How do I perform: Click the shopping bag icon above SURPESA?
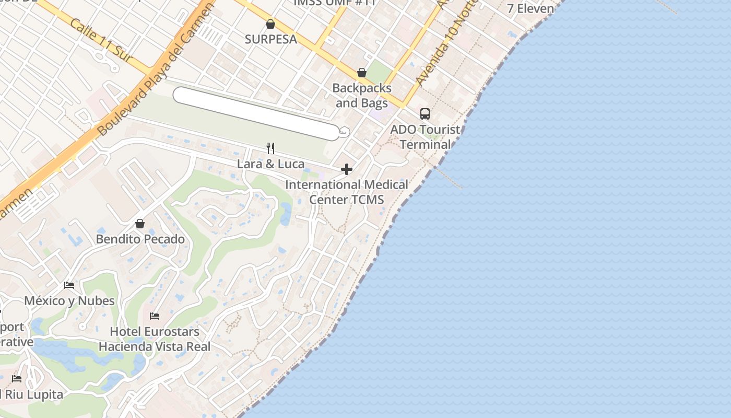(270, 24)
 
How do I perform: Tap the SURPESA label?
(271, 39)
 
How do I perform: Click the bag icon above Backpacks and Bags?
(361, 73)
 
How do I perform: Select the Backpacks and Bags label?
(362, 96)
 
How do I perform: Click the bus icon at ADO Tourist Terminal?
(425, 114)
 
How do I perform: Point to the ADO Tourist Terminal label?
(425, 137)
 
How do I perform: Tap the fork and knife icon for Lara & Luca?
(270, 148)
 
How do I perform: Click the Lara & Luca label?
(270, 164)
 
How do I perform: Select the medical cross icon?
(347, 169)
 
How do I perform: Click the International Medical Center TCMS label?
(347, 192)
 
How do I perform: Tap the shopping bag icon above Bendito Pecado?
(140, 224)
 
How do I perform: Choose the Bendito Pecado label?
(140, 239)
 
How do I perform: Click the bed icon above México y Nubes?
(69, 285)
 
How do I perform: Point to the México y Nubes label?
(69, 301)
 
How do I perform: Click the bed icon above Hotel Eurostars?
(155, 316)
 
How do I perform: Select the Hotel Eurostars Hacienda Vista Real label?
(155, 339)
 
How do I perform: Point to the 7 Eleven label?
(530, 8)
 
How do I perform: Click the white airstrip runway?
(256, 113)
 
